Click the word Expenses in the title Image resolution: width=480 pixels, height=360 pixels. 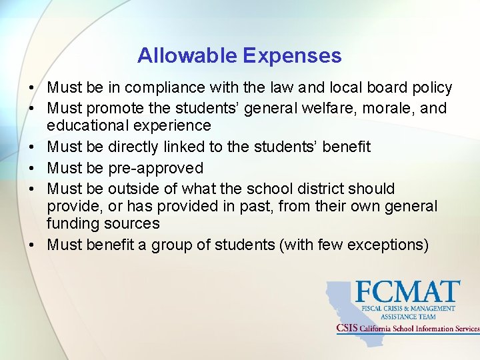tap(293, 55)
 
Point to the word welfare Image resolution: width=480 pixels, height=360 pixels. tap(313, 108)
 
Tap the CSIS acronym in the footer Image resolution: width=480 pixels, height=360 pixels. tap(347, 328)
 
